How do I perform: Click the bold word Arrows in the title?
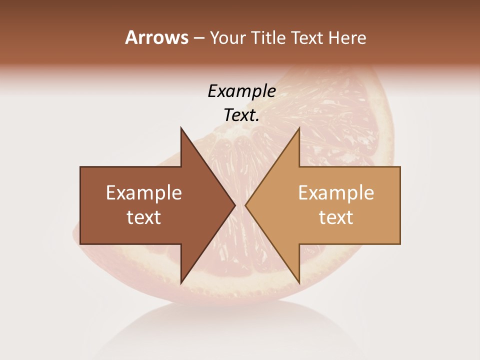click(x=156, y=37)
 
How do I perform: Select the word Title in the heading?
click(x=268, y=38)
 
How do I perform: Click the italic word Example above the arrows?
click(x=241, y=91)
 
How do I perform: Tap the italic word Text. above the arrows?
click(x=241, y=115)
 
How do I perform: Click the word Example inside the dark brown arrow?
click(x=144, y=193)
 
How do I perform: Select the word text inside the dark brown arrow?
click(x=144, y=217)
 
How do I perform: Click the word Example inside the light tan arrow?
click(x=336, y=193)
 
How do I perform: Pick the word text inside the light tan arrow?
click(x=336, y=217)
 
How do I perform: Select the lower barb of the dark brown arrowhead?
click(x=182, y=280)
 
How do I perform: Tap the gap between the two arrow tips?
click(x=240, y=205)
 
